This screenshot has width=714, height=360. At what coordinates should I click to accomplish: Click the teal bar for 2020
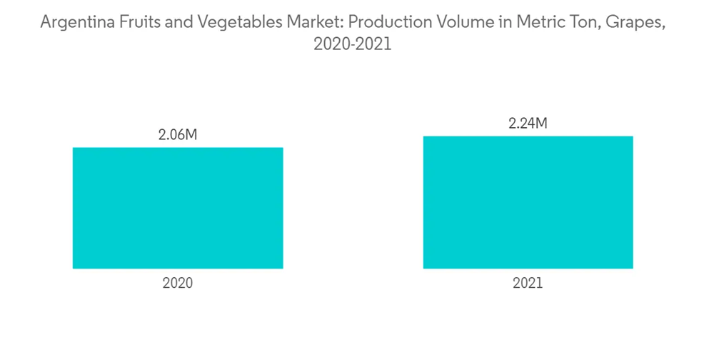[x=178, y=208]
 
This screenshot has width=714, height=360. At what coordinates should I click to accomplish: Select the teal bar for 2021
[x=528, y=202]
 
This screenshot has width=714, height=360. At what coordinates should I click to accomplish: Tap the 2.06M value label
[x=177, y=135]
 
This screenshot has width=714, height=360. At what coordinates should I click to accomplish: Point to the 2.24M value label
[x=528, y=124]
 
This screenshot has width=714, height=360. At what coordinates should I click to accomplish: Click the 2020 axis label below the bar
[x=178, y=283]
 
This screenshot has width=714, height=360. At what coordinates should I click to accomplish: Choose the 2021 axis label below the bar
[x=528, y=283]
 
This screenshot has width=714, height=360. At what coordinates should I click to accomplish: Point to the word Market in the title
[x=316, y=22]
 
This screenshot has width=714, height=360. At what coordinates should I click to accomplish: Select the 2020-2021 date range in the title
[x=353, y=44]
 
